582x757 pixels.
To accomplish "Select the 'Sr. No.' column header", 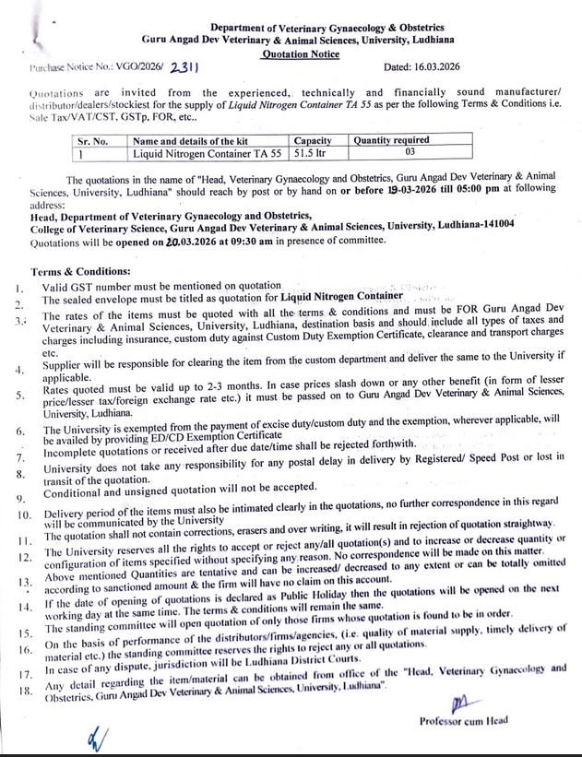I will click(94, 140).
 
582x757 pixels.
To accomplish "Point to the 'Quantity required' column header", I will click(391, 140).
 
